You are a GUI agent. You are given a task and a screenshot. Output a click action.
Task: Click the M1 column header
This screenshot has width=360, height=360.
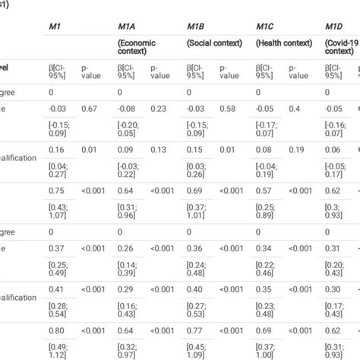tap(55, 27)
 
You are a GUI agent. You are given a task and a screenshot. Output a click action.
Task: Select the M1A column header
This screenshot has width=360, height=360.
tap(127, 27)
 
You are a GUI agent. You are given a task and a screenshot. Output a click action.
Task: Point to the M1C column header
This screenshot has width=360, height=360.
tap(265, 27)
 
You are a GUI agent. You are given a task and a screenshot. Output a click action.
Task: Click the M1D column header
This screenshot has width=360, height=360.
tap(334, 27)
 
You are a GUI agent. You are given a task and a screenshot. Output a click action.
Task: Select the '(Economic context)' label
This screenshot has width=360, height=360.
tap(137, 47)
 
